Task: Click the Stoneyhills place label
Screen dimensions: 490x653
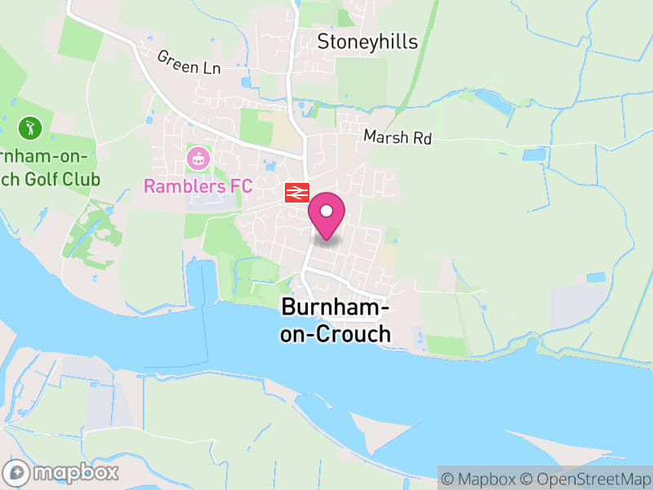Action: [x=367, y=42]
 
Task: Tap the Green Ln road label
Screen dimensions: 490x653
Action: [x=189, y=62]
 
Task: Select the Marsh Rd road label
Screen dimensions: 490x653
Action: [x=398, y=137]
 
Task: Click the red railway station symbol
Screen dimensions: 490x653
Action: [x=296, y=193]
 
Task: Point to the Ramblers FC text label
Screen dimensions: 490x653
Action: [x=198, y=186]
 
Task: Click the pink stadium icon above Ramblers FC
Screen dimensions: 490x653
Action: [x=198, y=156]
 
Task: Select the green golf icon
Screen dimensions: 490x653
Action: [x=29, y=127]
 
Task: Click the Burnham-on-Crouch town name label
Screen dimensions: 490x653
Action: [x=335, y=320]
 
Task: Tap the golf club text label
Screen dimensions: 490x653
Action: [x=49, y=167]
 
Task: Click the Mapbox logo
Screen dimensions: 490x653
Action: [x=62, y=472]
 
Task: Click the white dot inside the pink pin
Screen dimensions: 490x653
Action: [x=326, y=211]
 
